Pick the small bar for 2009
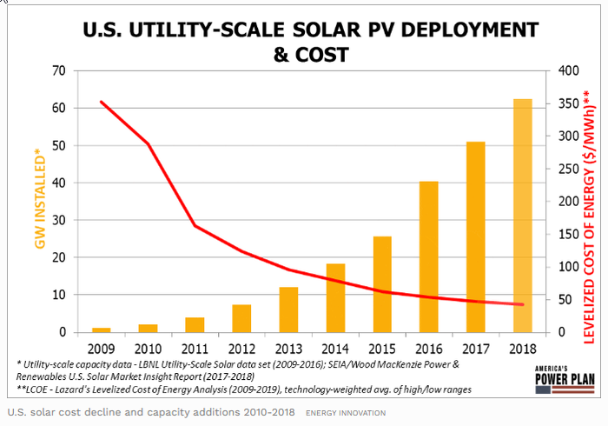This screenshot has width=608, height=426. [x=102, y=329]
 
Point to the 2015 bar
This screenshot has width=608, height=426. [x=382, y=284]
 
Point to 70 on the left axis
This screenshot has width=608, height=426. [x=60, y=71]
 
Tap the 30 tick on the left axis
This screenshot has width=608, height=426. [x=60, y=221]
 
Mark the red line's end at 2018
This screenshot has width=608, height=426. [x=523, y=304]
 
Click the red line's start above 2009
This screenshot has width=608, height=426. [x=102, y=102]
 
